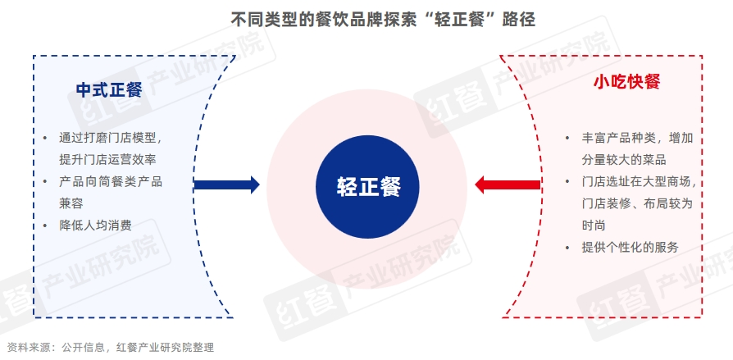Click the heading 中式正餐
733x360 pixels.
click(109, 89)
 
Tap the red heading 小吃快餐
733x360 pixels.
click(626, 82)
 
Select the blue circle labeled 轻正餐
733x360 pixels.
click(367, 186)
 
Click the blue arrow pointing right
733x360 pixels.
click(227, 185)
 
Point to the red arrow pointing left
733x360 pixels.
click(508, 185)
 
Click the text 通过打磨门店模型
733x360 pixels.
click(111, 139)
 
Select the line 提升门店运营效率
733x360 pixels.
click(107, 160)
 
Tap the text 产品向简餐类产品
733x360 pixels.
click(111, 182)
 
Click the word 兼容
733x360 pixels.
click(71, 204)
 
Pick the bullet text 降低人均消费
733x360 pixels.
click(95, 226)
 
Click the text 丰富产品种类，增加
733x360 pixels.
click(637, 139)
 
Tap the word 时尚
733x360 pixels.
click(594, 226)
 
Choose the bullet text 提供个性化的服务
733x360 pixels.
click(630, 248)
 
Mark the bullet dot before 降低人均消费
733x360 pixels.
click(45, 226)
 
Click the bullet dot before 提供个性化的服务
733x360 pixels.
click(567, 248)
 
